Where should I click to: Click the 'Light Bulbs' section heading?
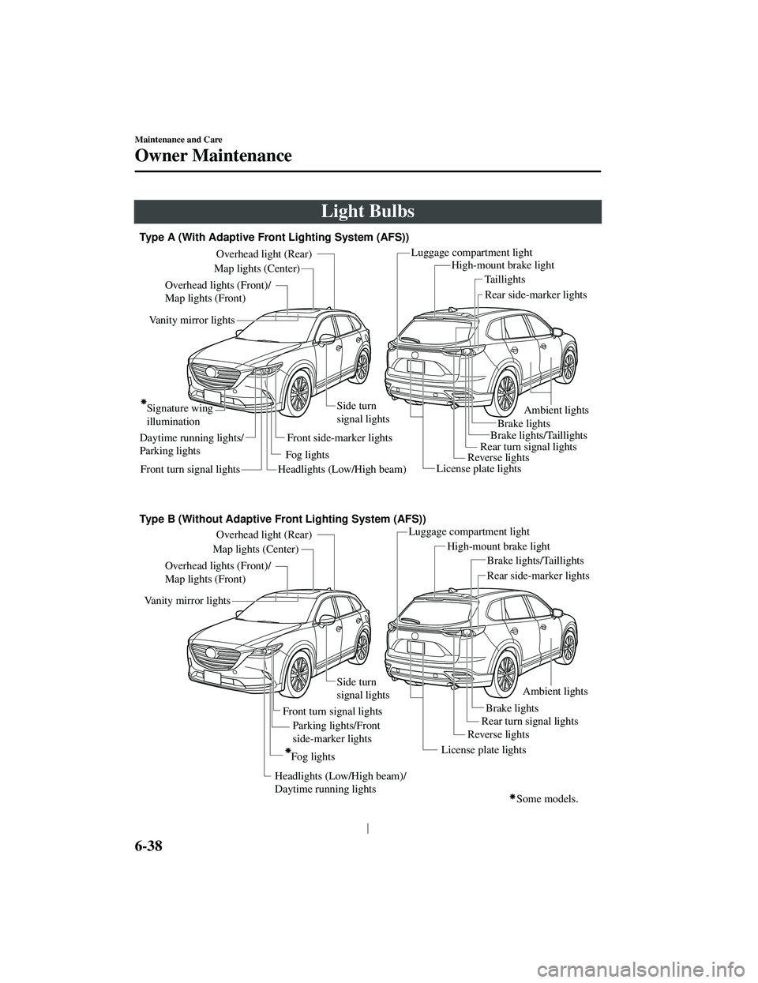tap(367, 212)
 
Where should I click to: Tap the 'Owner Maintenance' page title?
tap(213, 155)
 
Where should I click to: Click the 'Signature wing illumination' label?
tap(179, 415)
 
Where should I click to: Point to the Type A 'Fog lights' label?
tap(306, 455)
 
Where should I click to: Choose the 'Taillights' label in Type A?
tap(505, 280)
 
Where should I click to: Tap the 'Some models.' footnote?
tap(548, 798)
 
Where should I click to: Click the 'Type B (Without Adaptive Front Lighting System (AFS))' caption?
tap(282, 519)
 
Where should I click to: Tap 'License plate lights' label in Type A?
tap(478, 468)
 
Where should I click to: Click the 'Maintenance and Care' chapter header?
tap(177, 139)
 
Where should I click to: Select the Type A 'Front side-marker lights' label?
tap(339, 437)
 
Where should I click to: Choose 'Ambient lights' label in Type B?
tap(556, 691)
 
